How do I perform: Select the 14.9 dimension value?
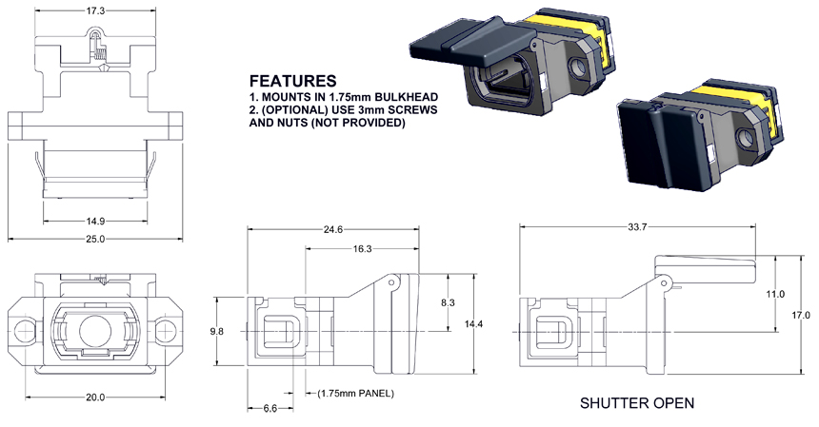pyautogui.click(x=93, y=221)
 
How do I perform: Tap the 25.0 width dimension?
pyautogui.click(x=93, y=239)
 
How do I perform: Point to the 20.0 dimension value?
pyautogui.click(x=93, y=397)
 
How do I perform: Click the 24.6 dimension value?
pyautogui.click(x=331, y=228)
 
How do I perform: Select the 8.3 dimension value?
pyautogui.click(x=449, y=301)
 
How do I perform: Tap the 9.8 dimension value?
pyautogui.click(x=218, y=332)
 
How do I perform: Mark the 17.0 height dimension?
pyautogui.click(x=801, y=315)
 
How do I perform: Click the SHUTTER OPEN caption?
pyautogui.click(x=637, y=403)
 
